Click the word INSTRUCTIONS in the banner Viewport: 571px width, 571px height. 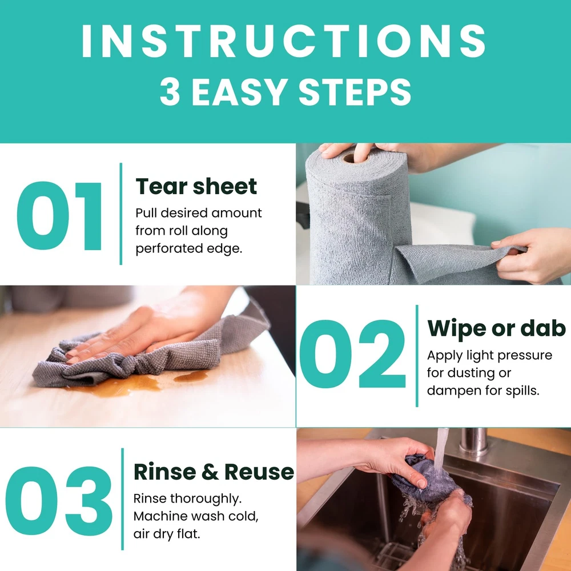284,41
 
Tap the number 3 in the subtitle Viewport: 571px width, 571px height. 170,92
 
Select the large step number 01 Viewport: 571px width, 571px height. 59,216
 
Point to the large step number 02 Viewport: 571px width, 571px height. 352,354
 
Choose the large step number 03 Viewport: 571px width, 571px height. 59,501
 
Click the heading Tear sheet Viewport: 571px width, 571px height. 196,187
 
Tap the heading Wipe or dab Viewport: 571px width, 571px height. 496,328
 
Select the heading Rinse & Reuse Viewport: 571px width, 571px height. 214,472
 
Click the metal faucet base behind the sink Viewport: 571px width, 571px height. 473,441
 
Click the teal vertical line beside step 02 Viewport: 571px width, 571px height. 417,356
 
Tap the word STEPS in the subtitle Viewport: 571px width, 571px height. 355,92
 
